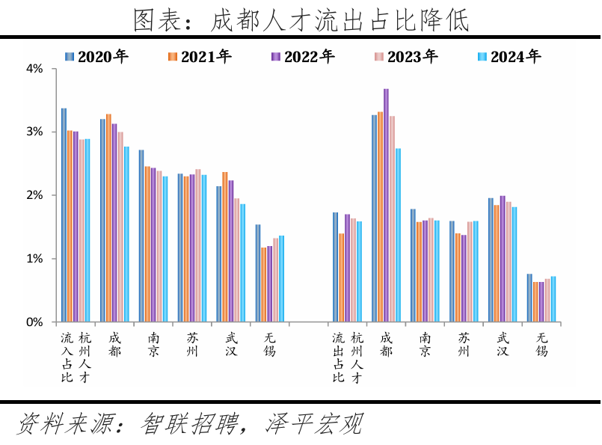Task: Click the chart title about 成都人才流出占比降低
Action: coord(301,19)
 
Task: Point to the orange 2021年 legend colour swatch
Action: coord(172,57)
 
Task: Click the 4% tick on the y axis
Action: coord(34,69)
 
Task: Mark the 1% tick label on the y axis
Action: coord(34,259)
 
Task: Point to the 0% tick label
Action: coord(34,322)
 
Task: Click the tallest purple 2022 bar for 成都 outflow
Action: coord(387,205)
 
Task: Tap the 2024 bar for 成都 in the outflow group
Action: coord(399,235)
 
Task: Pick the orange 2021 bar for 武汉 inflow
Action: coord(225,247)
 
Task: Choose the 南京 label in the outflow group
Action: coord(425,345)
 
